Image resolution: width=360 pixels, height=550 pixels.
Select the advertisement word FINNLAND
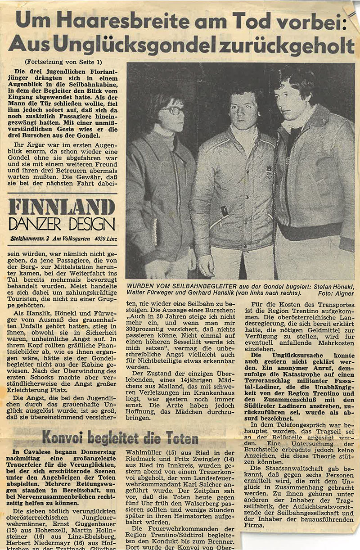62,207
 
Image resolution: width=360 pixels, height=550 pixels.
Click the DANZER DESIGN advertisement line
62,224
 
